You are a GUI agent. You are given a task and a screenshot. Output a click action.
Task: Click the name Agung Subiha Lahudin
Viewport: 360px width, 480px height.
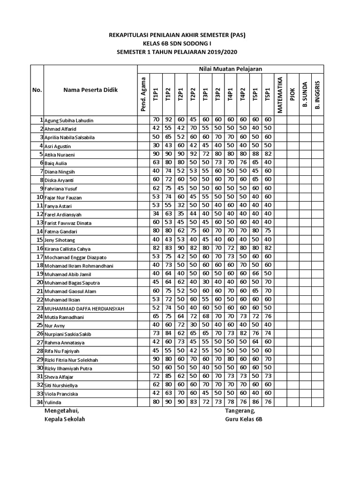69,120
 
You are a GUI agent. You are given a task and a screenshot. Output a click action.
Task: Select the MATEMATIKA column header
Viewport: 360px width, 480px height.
280,94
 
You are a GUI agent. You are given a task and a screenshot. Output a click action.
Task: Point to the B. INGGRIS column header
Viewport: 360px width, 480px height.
317,95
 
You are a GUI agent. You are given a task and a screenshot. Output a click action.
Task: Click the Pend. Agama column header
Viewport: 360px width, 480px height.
143,94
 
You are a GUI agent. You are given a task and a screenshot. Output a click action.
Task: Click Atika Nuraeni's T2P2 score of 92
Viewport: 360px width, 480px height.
193,154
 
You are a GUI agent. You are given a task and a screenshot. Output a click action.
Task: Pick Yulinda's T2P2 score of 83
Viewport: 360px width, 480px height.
193,402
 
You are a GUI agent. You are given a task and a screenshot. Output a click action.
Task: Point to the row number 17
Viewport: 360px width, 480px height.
40,257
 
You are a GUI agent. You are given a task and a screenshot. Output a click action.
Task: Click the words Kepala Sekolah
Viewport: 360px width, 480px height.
64,419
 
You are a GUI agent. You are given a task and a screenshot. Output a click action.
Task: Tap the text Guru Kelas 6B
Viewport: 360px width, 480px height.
244,419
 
